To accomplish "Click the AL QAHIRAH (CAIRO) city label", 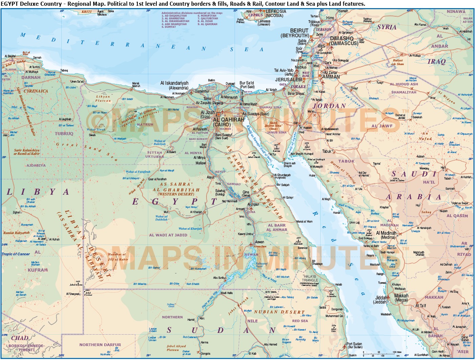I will tap(228, 122).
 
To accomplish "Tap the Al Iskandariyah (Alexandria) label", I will tap(174, 85).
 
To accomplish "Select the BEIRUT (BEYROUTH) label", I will tap(295, 33).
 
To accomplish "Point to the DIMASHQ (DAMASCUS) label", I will tap(344, 41).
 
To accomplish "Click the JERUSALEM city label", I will tap(288, 80).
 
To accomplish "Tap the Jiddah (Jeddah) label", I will tap(381, 300).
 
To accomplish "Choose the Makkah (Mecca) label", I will tap(401, 298).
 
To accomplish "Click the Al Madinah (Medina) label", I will tap(386, 235).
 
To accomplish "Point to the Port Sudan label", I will tap(354, 345).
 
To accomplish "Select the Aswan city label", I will tap(260, 242).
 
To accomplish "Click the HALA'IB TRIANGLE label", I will tap(310, 278).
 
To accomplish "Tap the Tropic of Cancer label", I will tap(16, 254).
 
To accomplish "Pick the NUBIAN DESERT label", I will tap(279, 312).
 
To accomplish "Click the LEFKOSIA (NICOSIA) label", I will tap(276, 13).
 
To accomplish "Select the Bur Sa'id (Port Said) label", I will tap(247, 85).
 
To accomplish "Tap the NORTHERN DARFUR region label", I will tap(100, 345).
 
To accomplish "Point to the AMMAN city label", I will tap(331, 77).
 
